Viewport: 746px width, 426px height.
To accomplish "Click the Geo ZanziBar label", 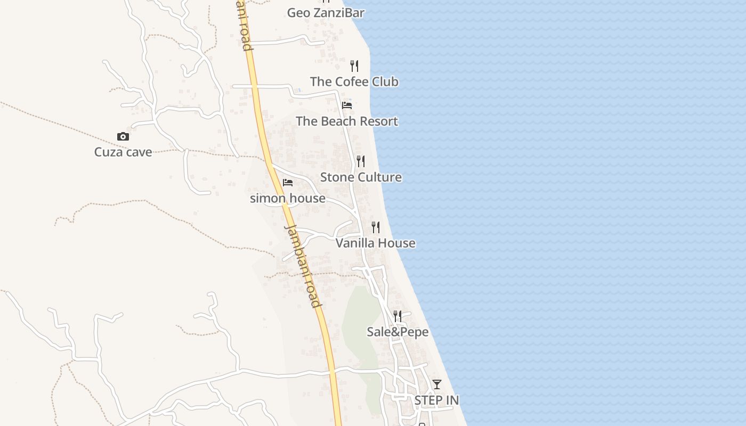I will coord(326,12).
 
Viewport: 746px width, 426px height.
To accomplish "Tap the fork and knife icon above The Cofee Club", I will coord(354,66).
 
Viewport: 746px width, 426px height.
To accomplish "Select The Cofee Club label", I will coord(354,81).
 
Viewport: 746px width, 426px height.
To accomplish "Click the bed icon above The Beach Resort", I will coord(347,105).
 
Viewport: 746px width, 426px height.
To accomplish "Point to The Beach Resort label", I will coord(347,121).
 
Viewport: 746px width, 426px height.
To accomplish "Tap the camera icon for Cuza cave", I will coord(123,137).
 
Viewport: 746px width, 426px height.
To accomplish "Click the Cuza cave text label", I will coord(123,152).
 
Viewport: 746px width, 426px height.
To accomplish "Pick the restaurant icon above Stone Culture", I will coord(361,161).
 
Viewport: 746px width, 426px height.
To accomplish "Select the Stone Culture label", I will coord(361,177).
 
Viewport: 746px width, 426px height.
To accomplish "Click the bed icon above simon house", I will coord(288,183).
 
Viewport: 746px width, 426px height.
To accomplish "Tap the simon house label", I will coord(288,199).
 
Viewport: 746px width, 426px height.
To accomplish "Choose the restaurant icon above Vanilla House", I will coord(376,227).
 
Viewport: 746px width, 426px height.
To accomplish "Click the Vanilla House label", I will coord(376,243).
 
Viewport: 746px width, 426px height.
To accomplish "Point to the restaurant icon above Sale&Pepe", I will coord(398,316).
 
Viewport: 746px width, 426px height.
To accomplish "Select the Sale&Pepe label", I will coord(398,332).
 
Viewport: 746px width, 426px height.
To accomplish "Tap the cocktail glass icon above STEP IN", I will coord(437,384).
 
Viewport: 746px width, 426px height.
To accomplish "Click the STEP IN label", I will coord(437,400).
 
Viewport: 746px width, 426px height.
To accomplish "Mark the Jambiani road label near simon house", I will coord(303,266).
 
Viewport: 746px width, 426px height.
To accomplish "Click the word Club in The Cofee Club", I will coord(385,81).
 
